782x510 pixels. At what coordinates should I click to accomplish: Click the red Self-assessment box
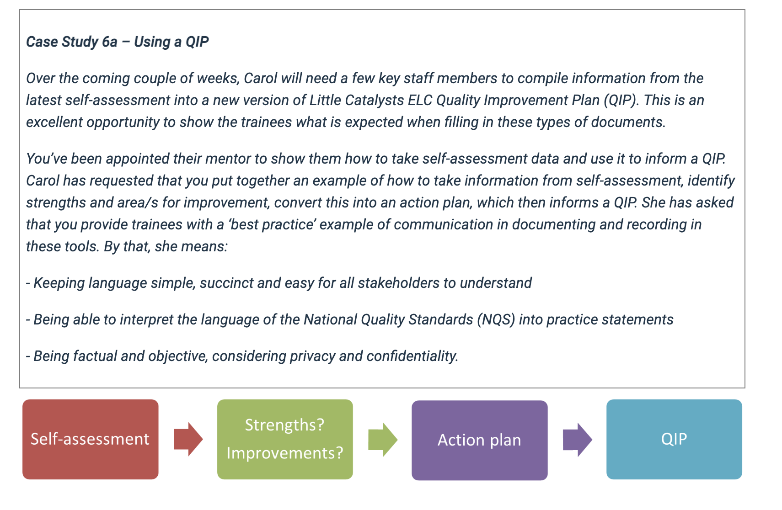point(90,439)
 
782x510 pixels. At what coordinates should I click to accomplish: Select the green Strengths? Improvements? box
point(285,439)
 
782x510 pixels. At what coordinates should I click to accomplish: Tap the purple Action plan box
point(479,440)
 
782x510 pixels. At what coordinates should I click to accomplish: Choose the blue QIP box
point(674,439)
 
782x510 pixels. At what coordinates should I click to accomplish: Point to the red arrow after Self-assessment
point(188,439)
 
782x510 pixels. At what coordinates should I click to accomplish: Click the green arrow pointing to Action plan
point(383,440)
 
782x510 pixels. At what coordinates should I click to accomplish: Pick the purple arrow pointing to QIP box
point(577,440)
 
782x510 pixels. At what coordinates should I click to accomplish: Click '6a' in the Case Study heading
point(110,42)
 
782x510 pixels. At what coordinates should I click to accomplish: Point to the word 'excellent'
point(54,122)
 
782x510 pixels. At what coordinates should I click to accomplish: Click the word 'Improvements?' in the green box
point(285,453)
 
